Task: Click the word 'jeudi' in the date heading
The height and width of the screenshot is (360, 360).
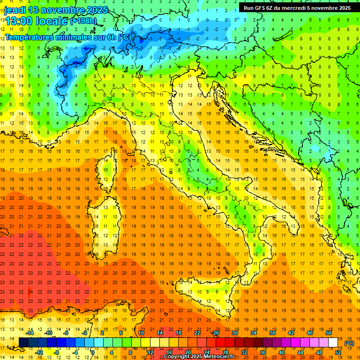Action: click(15, 10)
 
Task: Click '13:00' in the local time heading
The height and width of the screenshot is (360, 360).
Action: click(19, 22)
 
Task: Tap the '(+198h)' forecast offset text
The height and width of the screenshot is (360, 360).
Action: click(83, 21)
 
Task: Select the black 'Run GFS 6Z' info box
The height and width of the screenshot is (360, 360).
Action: click(297, 7)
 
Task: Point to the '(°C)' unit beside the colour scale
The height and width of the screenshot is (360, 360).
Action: click(349, 343)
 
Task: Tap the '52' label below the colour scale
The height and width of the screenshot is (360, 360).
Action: click(337, 352)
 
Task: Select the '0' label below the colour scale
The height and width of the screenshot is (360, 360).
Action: click(93, 352)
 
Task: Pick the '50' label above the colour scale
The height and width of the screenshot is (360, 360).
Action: click(328, 333)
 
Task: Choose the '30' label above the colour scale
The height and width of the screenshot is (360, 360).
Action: click(234, 333)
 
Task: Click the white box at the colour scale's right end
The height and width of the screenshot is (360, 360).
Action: click(333, 343)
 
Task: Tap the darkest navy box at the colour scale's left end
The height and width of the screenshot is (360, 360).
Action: click(23, 343)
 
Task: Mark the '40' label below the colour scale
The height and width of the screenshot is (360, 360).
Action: click(281, 352)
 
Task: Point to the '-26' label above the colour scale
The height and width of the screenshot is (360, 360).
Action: click(215, 333)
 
